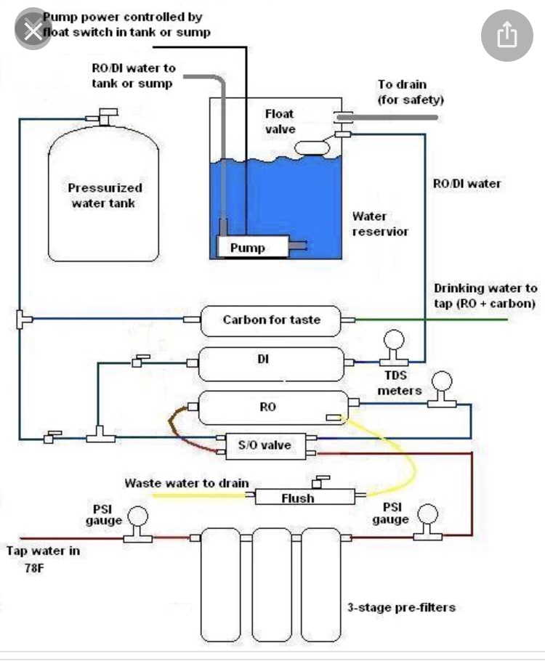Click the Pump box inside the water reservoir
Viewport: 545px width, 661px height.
click(x=253, y=247)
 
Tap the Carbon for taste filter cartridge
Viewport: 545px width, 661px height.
click(x=270, y=321)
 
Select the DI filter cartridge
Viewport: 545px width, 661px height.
click(x=271, y=364)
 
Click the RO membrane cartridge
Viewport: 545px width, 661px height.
click(x=273, y=407)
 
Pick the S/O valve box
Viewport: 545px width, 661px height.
click(x=266, y=446)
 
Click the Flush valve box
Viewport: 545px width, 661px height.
click(x=304, y=497)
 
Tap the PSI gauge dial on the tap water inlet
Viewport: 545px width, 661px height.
click(x=137, y=516)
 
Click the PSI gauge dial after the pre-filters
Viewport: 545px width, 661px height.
click(x=428, y=515)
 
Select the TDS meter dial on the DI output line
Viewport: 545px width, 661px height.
click(x=394, y=340)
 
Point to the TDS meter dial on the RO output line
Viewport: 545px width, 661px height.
click(x=442, y=381)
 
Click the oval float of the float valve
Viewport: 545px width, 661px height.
click(x=312, y=148)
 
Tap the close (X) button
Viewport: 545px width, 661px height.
click(x=33, y=31)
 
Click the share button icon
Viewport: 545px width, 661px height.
click(x=507, y=35)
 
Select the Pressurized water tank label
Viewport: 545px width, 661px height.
click(x=105, y=195)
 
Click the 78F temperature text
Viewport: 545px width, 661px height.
click(x=33, y=568)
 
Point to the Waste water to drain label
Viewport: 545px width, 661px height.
click(x=187, y=483)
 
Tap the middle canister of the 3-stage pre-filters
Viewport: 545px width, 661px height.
click(x=271, y=585)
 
